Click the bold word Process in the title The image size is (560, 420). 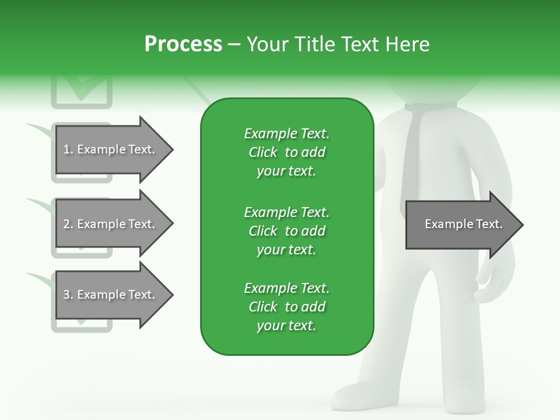click(183, 44)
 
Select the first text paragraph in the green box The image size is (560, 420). click(286, 152)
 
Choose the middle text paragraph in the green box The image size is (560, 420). click(286, 231)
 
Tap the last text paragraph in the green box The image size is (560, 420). click(286, 307)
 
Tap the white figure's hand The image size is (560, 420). click(496, 286)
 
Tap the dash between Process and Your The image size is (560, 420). click(234, 44)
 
